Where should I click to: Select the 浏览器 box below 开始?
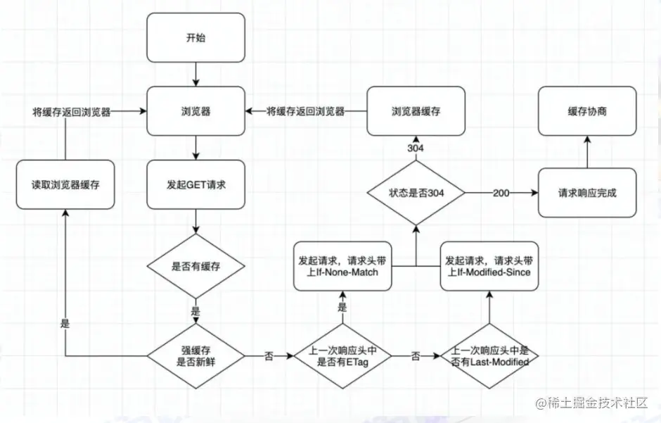coord(195,111)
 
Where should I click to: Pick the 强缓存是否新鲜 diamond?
coord(195,356)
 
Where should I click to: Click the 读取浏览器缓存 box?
coord(65,184)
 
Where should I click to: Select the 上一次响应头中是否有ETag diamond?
coord(342,356)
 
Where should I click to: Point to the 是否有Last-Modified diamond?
coord(490,356)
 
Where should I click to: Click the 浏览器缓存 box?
coord(416,111)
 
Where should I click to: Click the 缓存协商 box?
coord(587,111)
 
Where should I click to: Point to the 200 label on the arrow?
coord(500,193)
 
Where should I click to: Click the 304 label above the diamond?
coord(415,149)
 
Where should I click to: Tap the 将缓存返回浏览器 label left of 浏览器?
coord(71,111)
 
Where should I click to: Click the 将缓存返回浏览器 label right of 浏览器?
coord(305,111)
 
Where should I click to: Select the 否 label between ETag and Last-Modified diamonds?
coord(416,356)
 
